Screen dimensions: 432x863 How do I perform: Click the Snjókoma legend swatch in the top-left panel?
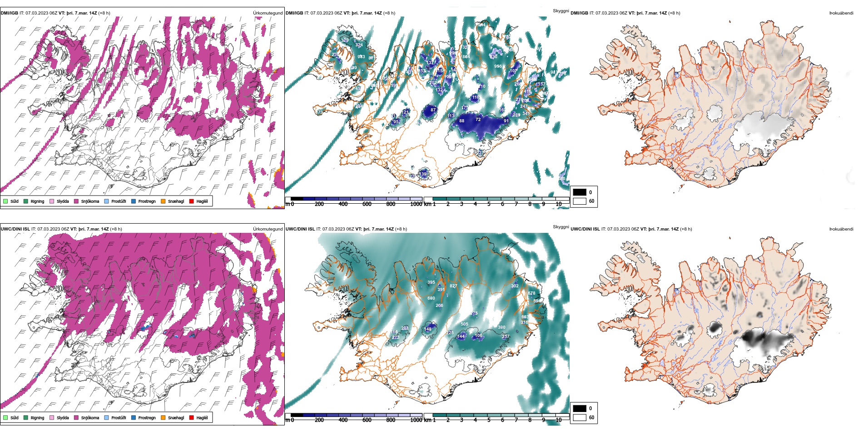click(x=76, y=201)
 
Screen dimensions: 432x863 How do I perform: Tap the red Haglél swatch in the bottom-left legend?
click(x=192, y=417)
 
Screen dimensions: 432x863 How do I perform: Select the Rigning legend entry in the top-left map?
click(x=37, y=201)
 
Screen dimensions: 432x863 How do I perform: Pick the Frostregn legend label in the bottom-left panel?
click(x=147, y=418)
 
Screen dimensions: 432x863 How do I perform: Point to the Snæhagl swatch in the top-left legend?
click(x=163, y=201)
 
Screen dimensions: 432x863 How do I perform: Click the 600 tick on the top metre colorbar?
click(x=367, y=204)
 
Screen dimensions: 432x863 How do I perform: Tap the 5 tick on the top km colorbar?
click(x=489, y=204)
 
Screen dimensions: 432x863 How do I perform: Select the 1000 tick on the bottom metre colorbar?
click(x=416, y=420)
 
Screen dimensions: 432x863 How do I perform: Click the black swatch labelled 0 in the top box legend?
click(x=580, y=192)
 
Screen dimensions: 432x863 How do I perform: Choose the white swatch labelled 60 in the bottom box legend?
click(x=580, y=417)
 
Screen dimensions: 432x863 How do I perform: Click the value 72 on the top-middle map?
click(x=478, y=120)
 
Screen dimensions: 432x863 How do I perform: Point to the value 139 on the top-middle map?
click(x=423, y=174)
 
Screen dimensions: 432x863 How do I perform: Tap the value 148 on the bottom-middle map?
click(x=428, y=329)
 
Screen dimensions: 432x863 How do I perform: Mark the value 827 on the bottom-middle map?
click(x=453, y=286)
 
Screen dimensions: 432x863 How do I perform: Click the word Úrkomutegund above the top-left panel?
click(x=268, y=13)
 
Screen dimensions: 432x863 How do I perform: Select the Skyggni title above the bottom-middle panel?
click(x=560, y=227)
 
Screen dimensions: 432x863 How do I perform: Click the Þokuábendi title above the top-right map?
click(x=841, y=13)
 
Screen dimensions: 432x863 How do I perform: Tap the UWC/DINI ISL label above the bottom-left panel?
click(x=15, y=229)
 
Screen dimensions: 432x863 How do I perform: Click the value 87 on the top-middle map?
click(x=433, y=110)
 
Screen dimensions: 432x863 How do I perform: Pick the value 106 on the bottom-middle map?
click(x=478, y=336)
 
